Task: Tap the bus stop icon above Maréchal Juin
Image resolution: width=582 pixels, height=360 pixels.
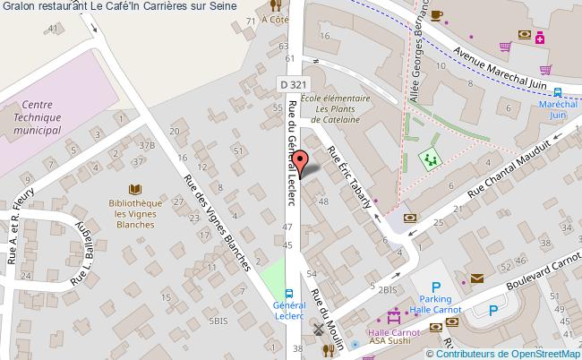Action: pyautogui.click(x=558, y=91)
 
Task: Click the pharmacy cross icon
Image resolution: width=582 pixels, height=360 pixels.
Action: pyautogui.click(x=540, y=37)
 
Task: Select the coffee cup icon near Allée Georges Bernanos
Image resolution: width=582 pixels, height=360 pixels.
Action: pyautogui.click(x=436, y=14)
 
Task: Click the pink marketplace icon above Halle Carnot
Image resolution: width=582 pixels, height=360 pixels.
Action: pyautogui.click(x=391, y=316)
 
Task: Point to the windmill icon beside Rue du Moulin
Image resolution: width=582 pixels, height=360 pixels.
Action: pyautogui.click(x=315, y=330)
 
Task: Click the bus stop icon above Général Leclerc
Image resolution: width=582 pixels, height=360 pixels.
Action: pyautogui.click(x=288, y=293)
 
